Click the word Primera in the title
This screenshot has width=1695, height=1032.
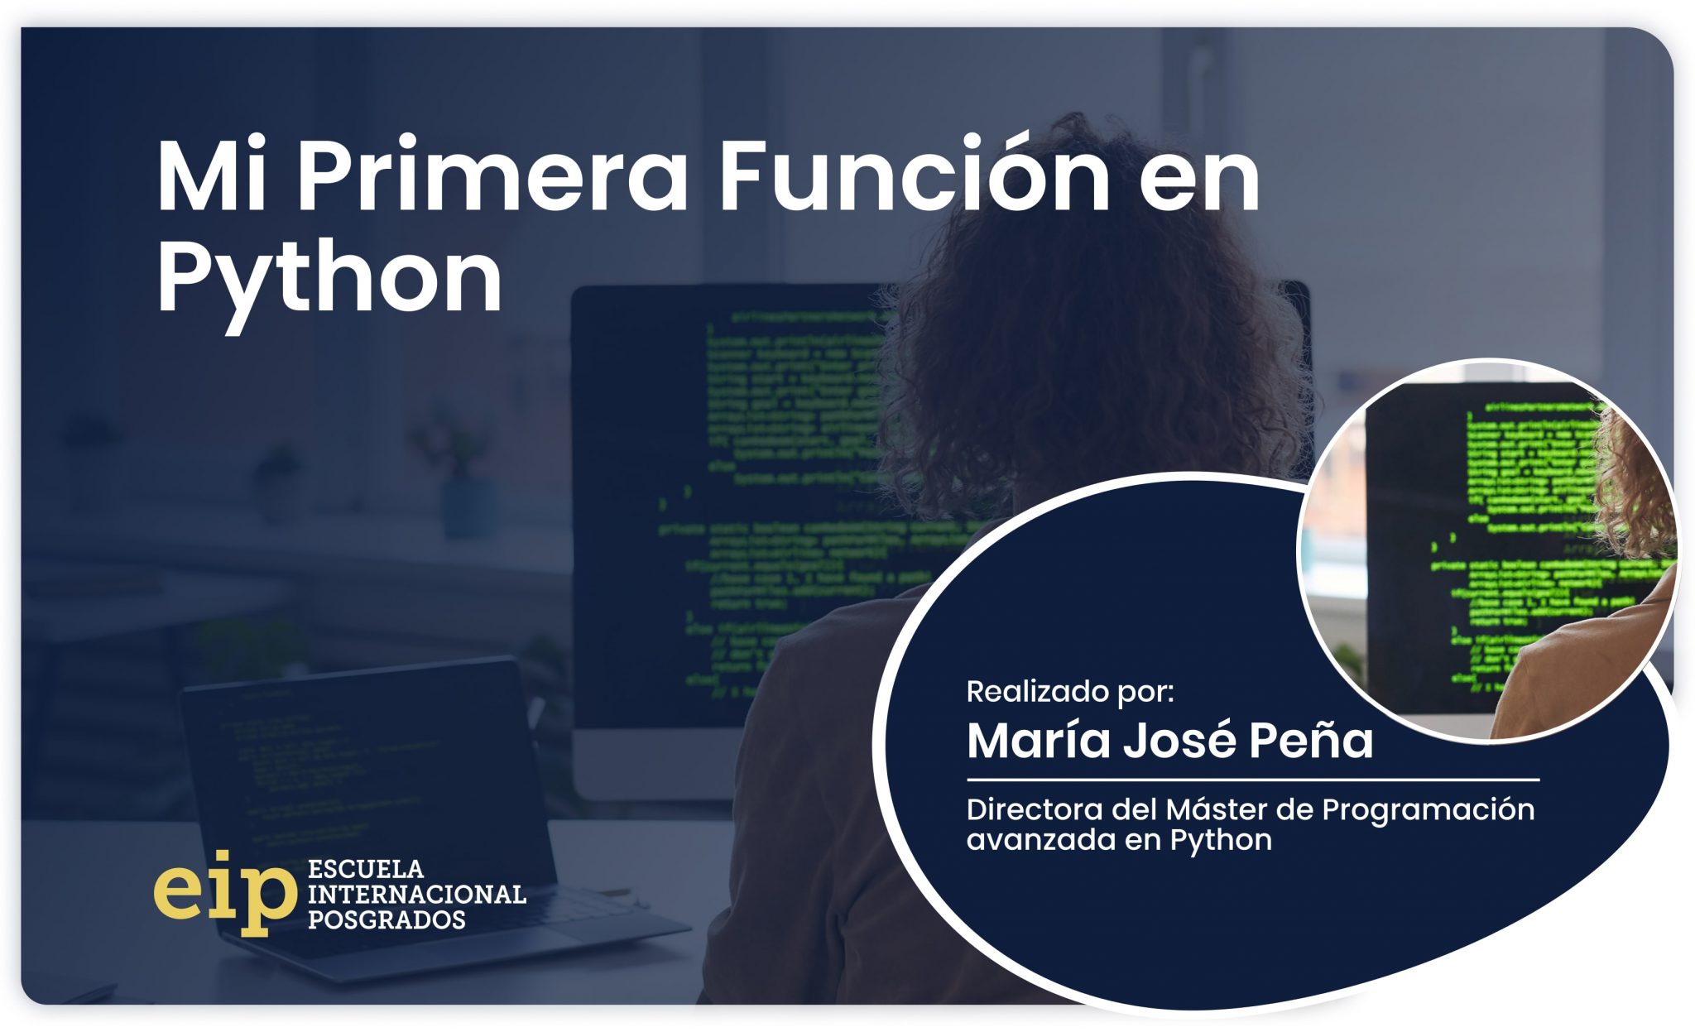point(492,176)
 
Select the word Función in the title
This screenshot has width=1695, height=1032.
point(914,176)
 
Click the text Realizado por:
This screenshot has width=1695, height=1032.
point(1069,691)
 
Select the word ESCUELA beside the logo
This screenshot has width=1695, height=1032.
point(365,869)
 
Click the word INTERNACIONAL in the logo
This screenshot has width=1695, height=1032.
point(416,895)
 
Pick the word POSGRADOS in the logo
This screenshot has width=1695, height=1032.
point(386,919)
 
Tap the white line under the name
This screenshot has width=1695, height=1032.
point(1252,780)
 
